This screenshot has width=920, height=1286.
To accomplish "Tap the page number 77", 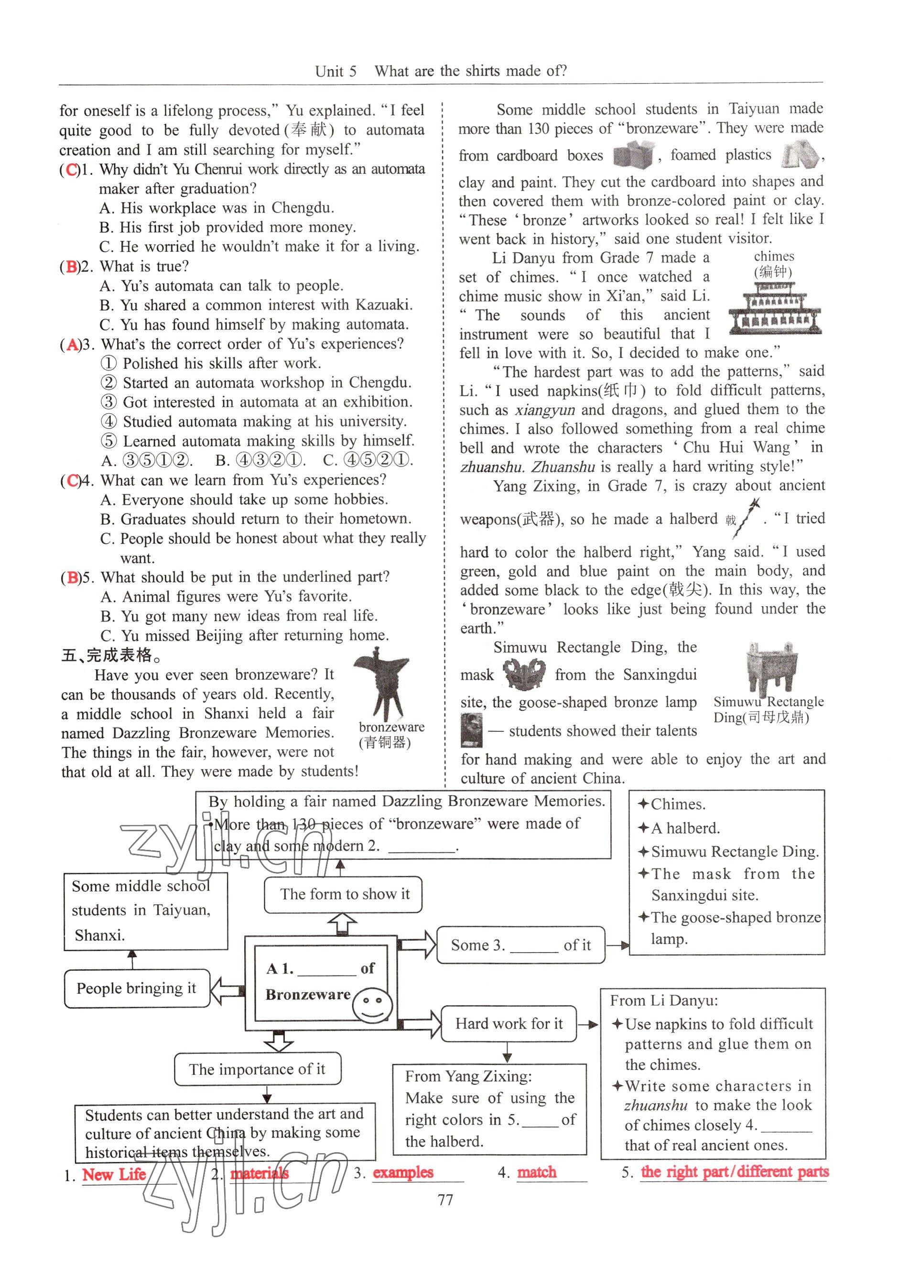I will point(446,1200).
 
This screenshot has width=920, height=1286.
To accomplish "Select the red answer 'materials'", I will point(260,1173).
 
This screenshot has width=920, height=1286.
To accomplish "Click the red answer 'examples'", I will point(403,1172).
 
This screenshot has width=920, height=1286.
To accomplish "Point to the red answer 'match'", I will point(537,1172).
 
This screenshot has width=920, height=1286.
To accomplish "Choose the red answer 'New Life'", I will point(114,1174).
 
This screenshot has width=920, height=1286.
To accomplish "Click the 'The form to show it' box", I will point(344,894).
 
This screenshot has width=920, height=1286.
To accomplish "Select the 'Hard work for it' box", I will point(508,1023).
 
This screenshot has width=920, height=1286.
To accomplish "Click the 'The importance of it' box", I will point(257,1069).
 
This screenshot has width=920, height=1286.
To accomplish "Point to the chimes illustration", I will point(774,311).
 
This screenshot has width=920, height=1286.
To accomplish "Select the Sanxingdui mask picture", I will point(524,675).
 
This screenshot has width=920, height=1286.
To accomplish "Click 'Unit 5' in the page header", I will point(336,71).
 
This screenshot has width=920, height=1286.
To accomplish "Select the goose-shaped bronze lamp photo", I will point(471,730).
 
